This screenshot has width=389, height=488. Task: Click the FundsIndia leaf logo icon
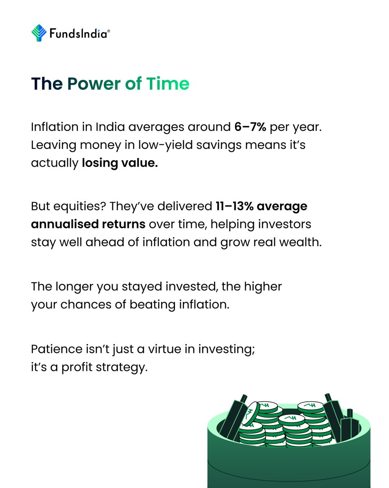click(39, 33)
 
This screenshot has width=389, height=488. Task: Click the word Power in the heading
click(94, 84)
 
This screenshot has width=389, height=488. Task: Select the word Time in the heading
click(167, 84)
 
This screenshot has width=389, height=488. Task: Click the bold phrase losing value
click(120, 163)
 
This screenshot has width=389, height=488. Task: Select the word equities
click(74, 207)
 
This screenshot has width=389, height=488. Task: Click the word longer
click(72, 286)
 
